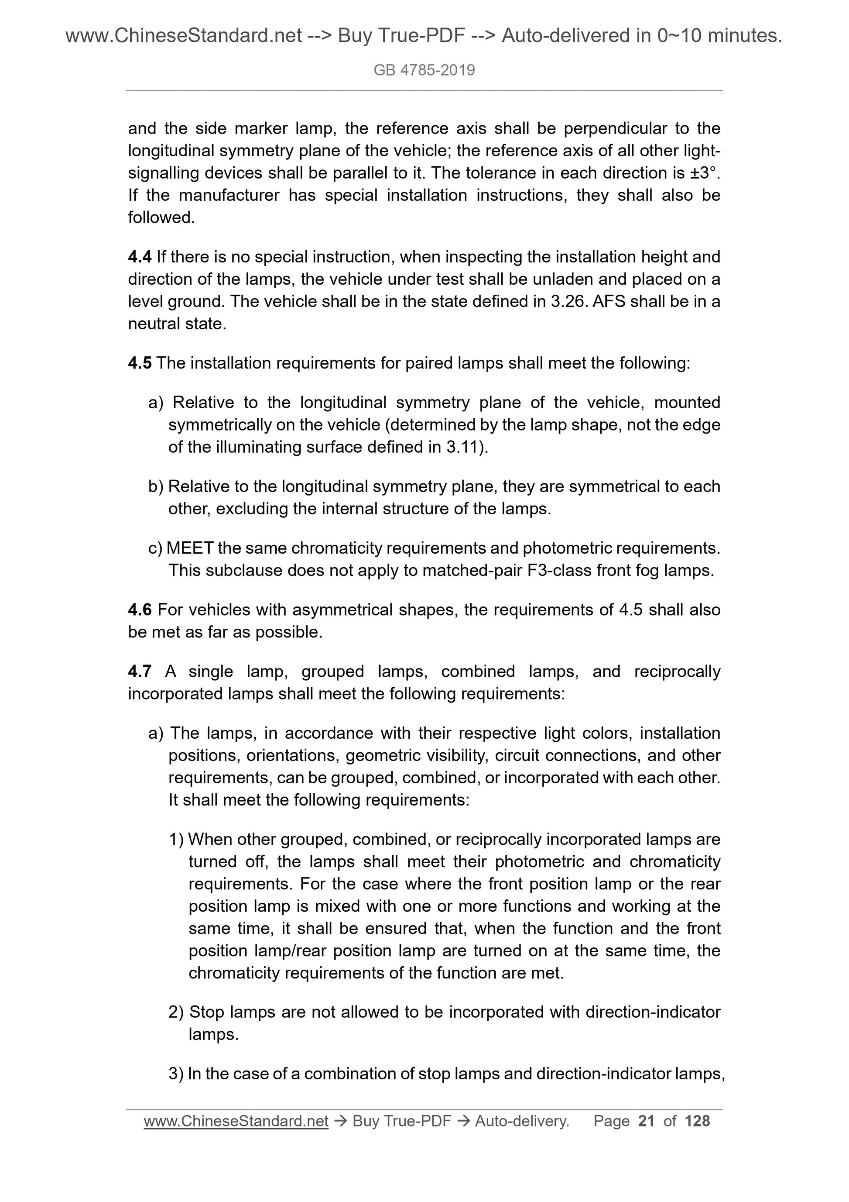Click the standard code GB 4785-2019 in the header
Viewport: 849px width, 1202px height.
pyautogui.click(x=424, y=70)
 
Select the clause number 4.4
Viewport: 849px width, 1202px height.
pyautogui.click(x=140, y=257)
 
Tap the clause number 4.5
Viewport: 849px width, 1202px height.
pyautogui.click(x=140, y=363)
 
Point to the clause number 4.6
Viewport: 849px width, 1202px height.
pyautogui.click(x=140, y=610)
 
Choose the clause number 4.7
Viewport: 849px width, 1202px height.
pyautogui.click(x=140, y=672)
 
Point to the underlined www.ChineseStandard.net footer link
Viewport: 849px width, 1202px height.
pyautogui.click(x=236, y=1121)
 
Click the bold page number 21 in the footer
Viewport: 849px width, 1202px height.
pyautogui.click(x=647, y=1121)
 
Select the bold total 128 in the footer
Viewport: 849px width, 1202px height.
pyautogui.click(x=697, y=1121)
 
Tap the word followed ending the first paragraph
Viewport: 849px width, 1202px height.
pyautogui.click(x=161, y=218)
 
